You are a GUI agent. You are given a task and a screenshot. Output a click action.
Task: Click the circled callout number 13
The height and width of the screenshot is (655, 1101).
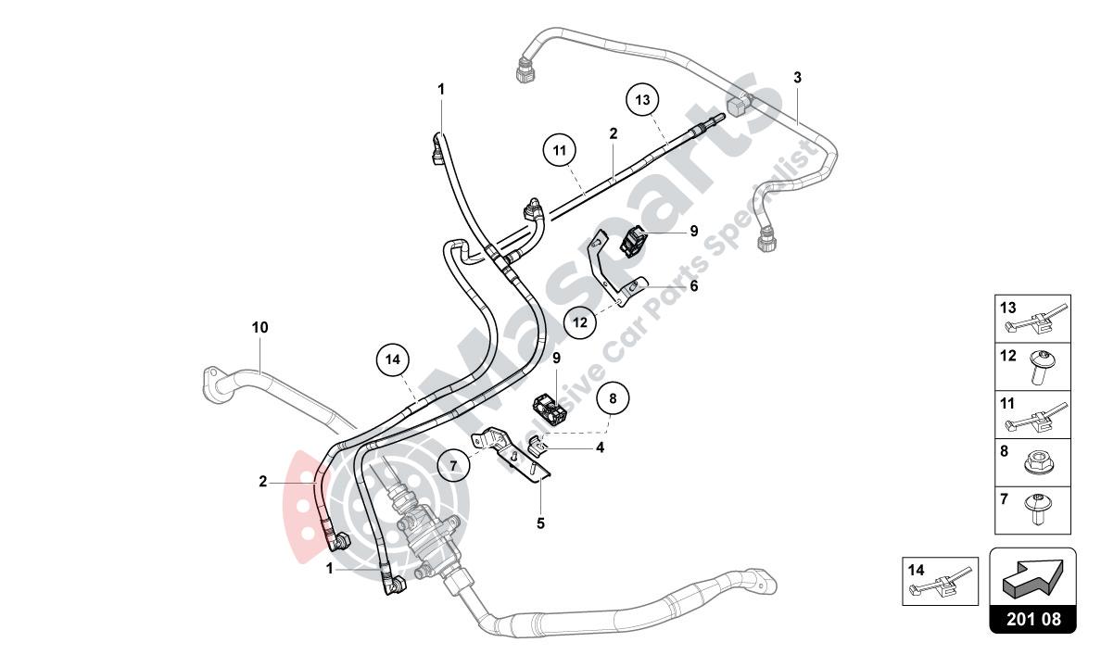click(x=643, y=99)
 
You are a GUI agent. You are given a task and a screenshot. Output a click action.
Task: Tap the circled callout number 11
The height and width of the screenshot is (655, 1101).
click(x=560, y=150)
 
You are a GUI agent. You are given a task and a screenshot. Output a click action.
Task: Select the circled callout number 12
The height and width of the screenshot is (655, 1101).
click(x=580, y=323)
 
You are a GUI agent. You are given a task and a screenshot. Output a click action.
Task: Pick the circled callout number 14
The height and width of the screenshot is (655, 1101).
click(x=393, y=359)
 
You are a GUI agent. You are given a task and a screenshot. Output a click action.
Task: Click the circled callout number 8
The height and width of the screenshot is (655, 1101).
click(x=612, y=399)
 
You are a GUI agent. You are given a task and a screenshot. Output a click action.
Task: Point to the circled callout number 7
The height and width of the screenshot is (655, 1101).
click(x=454, y=466)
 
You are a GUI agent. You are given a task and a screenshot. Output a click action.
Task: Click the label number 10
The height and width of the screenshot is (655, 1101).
click(x=259, y=327)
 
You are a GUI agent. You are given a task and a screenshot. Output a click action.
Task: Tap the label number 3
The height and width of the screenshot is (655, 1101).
click(x=797, y=78)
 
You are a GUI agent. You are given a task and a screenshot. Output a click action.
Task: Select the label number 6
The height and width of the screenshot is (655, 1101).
click(x=693, y=286)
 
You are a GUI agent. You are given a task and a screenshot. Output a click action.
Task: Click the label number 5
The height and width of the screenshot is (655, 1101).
click(x=540, y=523)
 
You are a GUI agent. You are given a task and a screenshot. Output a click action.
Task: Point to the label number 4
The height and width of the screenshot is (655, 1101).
click(x=601, y=447)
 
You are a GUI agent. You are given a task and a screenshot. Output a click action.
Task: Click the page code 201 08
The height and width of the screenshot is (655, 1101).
click(x=1033, y=618)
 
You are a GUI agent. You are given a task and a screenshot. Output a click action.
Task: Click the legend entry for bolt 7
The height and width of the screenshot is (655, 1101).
click(x=1032, y=510)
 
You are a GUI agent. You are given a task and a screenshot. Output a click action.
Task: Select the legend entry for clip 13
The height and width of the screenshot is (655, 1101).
click(x=1032, y=319)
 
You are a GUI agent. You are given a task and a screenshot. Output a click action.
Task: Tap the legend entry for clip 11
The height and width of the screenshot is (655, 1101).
click(x=1032, y=415)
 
